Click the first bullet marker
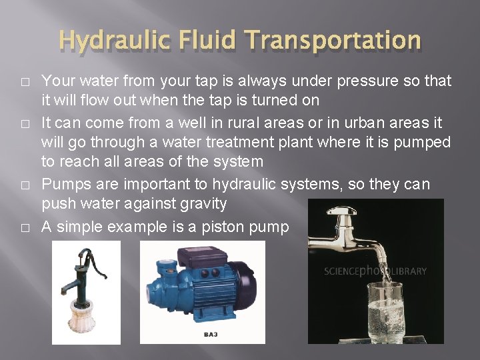[x=25, y=82]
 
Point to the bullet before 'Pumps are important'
[x=25, y=185]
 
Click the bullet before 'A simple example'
[x=25, y=228]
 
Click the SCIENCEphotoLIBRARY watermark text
[x=375, y=271]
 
